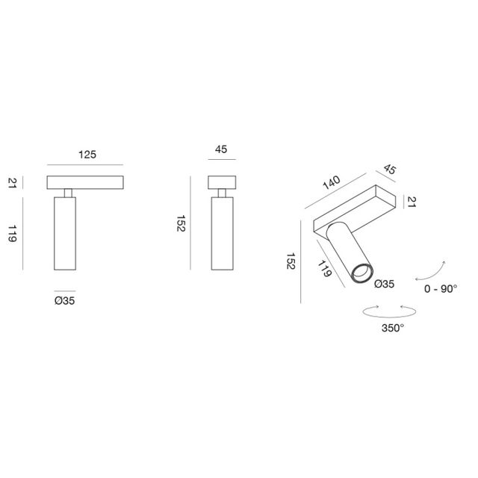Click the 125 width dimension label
(x=87, y=156)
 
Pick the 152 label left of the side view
(x=179, y=224)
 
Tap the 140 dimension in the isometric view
(x=331, y=182)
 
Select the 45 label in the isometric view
(x=389, y=170)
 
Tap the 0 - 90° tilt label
(x=440, y=288)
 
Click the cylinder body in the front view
(x=65, y=235)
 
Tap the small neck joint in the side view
(x=222, y=194)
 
